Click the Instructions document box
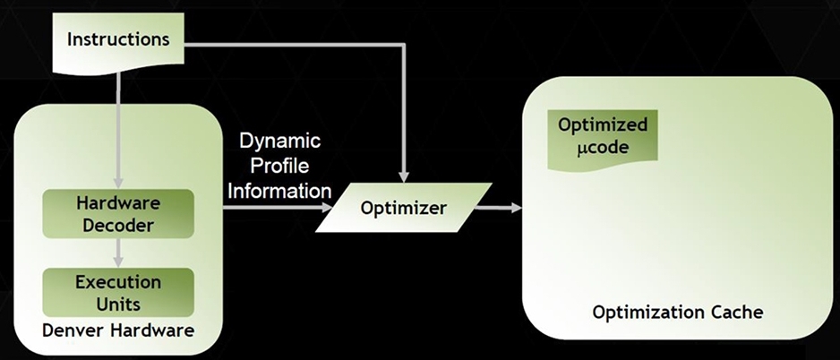pos(118,42)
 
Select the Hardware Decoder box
pos(118,214)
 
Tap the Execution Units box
pos(118,293)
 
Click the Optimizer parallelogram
pos(403,208)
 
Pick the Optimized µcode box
pos(602,140)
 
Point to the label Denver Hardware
pos(118,330)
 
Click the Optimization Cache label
pos(678,312)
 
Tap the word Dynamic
pos(279,142)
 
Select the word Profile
pos(279,166)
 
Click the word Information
pos(279,191)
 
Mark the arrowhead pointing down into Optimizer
pos(404,177)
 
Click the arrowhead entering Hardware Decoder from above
pos(118,184)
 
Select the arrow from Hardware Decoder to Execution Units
pos(118,253)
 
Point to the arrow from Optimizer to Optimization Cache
pos(498,208)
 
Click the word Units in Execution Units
pos(118,304)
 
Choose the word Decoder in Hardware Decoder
pos(118,226)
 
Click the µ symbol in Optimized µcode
pos(582,149)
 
